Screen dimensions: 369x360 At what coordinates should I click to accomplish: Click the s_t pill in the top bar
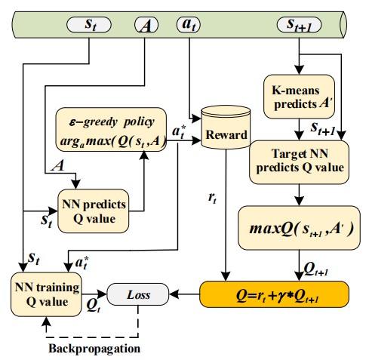(89, 25)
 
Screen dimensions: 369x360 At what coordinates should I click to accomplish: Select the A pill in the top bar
(146, 25)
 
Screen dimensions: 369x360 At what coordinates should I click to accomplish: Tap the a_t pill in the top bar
(189, 25)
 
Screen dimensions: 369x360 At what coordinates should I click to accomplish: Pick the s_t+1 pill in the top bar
(299, 25)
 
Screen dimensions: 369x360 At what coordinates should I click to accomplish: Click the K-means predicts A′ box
(299, 97)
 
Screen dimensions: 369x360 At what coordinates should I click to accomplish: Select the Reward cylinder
(226, 127)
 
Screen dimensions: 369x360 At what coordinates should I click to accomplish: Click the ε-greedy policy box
(111, 130)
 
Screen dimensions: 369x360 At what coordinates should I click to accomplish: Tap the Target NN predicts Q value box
(299, 162)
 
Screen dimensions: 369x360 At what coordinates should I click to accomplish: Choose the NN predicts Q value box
(94, 211)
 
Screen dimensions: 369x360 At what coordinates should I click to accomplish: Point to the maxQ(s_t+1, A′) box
(299, 228)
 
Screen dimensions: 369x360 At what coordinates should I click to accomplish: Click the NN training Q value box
(46, 294)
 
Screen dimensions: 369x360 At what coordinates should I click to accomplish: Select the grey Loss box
(138, 294)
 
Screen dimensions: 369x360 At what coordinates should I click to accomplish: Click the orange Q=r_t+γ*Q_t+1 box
(275, 294)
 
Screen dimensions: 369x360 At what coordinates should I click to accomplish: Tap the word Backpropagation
(94, 349)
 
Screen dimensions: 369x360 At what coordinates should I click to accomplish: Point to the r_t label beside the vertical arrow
(212, 198)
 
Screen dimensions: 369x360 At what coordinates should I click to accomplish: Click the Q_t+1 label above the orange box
(316, 269)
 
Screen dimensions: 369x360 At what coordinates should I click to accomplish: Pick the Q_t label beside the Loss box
(93, 306)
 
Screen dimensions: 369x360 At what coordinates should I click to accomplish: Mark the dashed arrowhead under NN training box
(46, 321)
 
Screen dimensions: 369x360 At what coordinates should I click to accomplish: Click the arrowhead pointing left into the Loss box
(174, 294)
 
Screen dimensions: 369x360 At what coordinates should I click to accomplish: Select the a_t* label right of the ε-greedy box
(179, 132)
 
